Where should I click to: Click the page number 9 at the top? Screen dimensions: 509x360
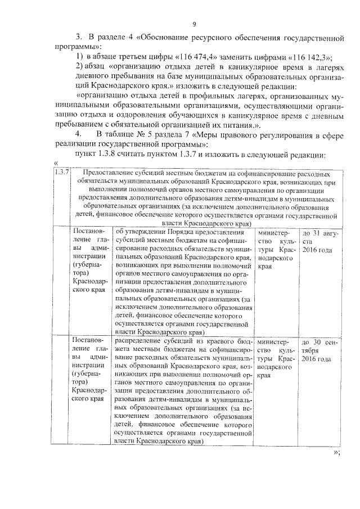point(194,24)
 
